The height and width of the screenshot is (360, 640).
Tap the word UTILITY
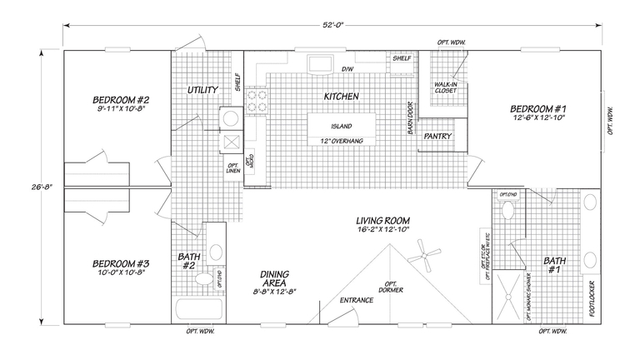(x=203, y=89)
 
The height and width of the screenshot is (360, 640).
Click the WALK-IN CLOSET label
(x=443, y=88)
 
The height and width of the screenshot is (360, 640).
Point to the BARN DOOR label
(x=411, y=118)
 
